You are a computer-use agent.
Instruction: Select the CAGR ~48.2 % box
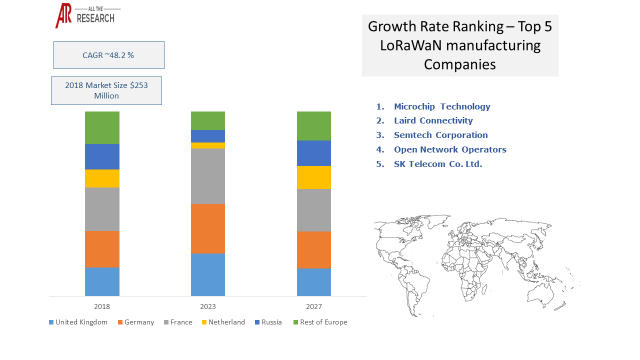pos(108,55)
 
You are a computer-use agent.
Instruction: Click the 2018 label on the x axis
pos(102,305)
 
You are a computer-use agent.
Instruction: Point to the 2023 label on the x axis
pos(208,305)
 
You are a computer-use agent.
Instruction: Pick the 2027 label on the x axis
pos(313,305)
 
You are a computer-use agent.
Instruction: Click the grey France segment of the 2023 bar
pos(208,176)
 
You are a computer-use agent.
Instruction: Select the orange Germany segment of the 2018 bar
pos(102,249)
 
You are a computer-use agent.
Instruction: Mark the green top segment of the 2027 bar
pos(313,125)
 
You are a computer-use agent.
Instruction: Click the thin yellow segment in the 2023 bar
pos(208,145)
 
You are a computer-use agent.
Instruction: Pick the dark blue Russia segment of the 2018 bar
pos(102,156)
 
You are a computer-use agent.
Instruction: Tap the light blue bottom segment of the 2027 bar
pos(313,282)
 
